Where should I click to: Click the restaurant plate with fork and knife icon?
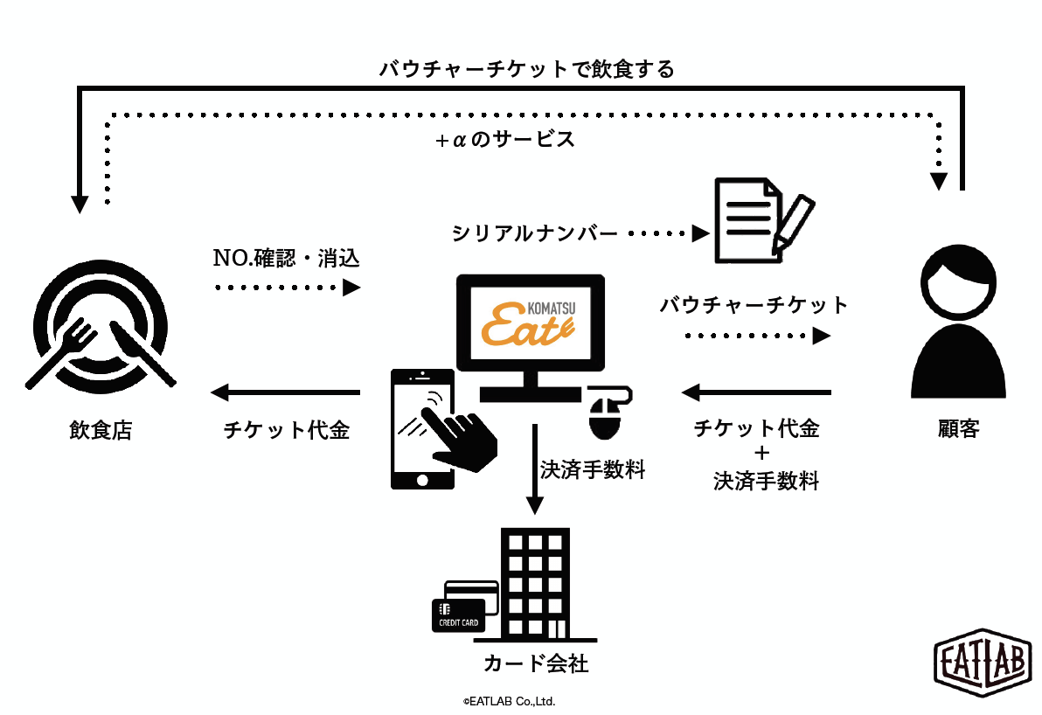(x=101, y=326)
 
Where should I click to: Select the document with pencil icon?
(x=764, y=220)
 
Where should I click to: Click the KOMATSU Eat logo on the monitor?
(x=528, y=323)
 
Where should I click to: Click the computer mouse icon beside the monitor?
(x=608, y=412)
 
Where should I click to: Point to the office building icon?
(x=535, y=584)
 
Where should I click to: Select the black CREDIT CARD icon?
(x=459, y=615)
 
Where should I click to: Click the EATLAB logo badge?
(x=983, y=663)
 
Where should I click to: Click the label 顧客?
(x=958, y=429)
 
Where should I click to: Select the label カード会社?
(x=536, y=663)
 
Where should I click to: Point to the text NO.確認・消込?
(x=287, y=258)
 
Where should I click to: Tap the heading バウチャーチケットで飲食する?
(x=527, y=69)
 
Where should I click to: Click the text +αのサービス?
(x=505, y=140)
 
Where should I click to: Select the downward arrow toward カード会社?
(x=534, y=469)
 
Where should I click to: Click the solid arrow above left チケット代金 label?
(x=286, y=392)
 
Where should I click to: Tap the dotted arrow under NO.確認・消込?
(x=288, y=288)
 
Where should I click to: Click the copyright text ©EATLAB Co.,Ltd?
(x=509, y=701)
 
